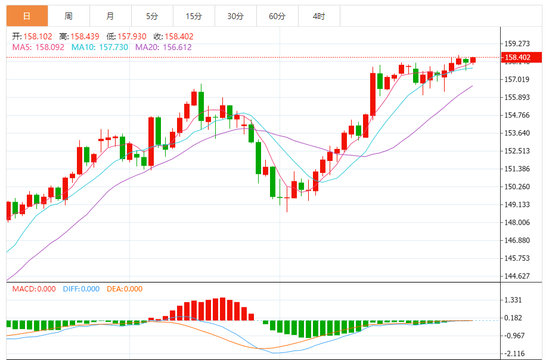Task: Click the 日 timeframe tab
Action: click(27, 16)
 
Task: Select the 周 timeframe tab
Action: click(69, 16)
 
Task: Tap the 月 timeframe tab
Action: click(110, 16)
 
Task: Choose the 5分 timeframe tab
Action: click(152, 16)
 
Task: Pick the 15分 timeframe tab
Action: click(194, 16)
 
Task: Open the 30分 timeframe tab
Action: click(235, 16)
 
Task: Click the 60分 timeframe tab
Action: click(277, 16)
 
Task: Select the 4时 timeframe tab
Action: click(318, 16)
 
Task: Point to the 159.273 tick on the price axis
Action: click(517, 44)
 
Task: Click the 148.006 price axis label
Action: click(517, 222)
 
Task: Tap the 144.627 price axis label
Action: click(517, 276)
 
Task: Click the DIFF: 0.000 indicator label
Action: click(81, 289)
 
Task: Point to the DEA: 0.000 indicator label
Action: click(125, 289)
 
